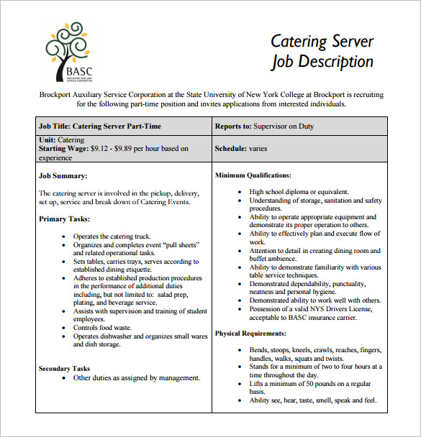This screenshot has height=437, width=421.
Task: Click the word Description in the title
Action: (x=333, y=62)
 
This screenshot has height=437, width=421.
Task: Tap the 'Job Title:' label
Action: (x=54, y=126)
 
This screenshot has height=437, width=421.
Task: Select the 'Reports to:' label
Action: (x=232, y=126)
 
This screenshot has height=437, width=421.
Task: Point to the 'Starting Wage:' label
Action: (x=63, y=149)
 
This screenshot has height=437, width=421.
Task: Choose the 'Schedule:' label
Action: (x=231, y=149)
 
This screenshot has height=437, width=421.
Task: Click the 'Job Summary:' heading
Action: (x=63, y=175)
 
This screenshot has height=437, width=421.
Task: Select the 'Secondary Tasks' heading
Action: (x=65, y=368)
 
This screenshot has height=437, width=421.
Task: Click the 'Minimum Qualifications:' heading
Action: (x=253, y=175)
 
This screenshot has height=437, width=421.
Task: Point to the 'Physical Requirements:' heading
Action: (x=251, y=333)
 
